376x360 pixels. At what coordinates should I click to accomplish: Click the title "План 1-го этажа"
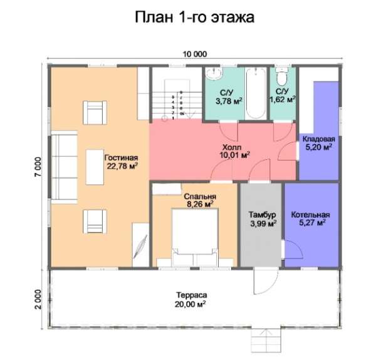pyautogui.click(x=194, y=17)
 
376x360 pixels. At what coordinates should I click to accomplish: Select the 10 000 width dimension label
pyautogui.click(x=195, y=55)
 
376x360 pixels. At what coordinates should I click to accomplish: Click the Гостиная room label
pyautogui.click(x=121, y=162)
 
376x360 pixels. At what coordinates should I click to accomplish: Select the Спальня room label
pyautogui.click(x=200, y=199)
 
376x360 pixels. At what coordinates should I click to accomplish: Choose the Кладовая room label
pyautogui.click(x=318, y=143)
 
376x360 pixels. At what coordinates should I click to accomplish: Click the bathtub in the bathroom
pyautogui.click(x=255, y=94)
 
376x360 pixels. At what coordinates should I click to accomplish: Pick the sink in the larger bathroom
pyautogui.click(x=211, y=73)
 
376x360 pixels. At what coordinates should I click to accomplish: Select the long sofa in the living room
pyautogui.click(x=63, y=162)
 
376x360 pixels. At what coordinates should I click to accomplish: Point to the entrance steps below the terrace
pyautogui.click(x=268, y=342)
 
